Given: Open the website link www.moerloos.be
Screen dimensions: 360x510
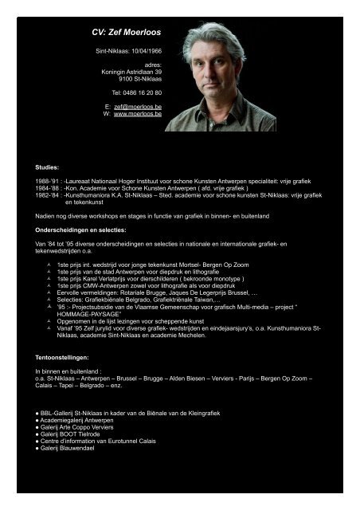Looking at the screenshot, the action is pos(138,114).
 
